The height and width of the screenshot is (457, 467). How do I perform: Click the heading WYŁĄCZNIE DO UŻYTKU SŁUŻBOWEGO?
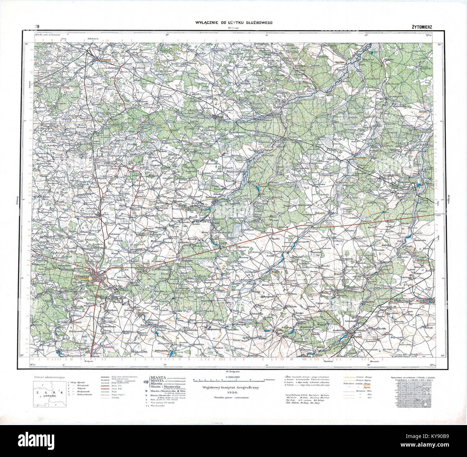coord(233,23)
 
